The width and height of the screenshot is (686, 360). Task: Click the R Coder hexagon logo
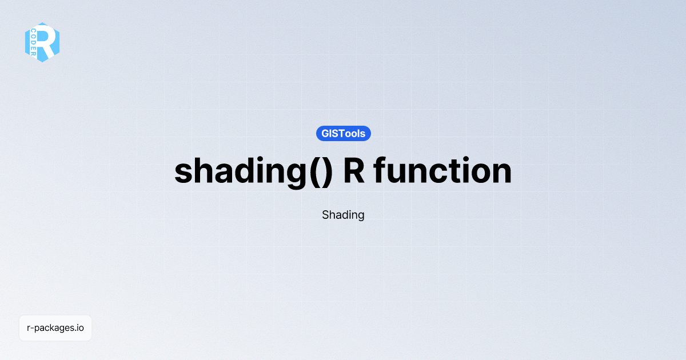pos(42,42)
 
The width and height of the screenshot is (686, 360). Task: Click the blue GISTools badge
pos(344,134)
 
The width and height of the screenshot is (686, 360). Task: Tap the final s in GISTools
pos(362,134)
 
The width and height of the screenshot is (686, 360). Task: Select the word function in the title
pos(443,171)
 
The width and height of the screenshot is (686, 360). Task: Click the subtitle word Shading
pos(343,215)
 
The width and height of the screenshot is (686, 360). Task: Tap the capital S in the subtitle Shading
pos(326,215)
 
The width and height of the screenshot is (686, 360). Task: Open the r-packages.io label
pos(55,328)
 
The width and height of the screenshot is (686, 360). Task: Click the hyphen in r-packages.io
pos(33,329)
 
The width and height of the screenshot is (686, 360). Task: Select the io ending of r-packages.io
pos(80,328)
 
